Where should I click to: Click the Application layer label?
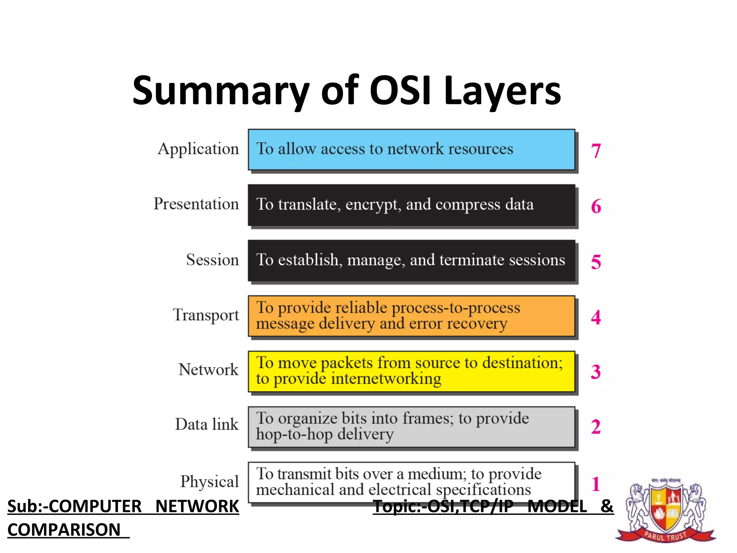[198, 149]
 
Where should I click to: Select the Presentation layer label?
[196, 204]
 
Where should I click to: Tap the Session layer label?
[212, 260]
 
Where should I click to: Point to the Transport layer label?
[206, 315]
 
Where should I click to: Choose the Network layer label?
[208, 370]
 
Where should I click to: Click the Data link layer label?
[207, 424]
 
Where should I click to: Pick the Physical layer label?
[209, 482]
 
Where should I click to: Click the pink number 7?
[596, 150]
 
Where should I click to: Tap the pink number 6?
[596, 206]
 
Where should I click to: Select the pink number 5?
[596, 262]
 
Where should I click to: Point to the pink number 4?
[596, 317]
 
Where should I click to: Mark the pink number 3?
[596, 372]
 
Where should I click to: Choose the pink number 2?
[596, 427]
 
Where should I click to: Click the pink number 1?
[596, 484]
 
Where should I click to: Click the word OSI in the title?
[400, 90]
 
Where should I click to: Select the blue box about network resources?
[411, 149]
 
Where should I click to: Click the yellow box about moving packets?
[411, 371]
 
